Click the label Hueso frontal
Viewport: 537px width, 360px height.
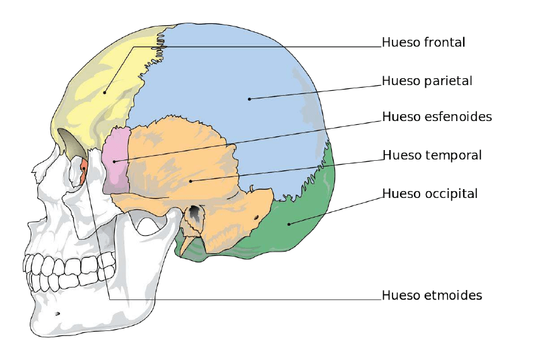(x=423, y=43)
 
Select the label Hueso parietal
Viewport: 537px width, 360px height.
(x=427, y=81)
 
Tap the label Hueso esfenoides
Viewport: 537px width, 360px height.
(x=437, y=117)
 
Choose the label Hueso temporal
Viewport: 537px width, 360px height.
(x=432, y=155)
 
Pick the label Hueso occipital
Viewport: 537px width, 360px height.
(x=430, y=194)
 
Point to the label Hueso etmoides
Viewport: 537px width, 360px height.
(x=432, y=295)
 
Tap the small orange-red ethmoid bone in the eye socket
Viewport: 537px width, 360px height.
(x=83, y=171)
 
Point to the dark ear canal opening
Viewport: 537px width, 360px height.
(x=195, y=214)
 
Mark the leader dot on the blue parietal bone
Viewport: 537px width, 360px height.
(x=249, y=99)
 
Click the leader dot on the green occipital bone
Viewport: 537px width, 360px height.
(x=288, y=223)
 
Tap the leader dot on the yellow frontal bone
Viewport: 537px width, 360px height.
(x=105, y=93)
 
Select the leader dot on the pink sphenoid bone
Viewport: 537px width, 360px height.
(x=114, y=161)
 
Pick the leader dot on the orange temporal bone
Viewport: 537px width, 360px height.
(x=191, y=181)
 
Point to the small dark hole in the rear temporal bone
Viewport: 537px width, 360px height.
(x=256, y=218)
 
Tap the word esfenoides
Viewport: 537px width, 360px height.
(x=456, y=117)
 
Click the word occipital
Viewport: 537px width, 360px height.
(x=451, y=194)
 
